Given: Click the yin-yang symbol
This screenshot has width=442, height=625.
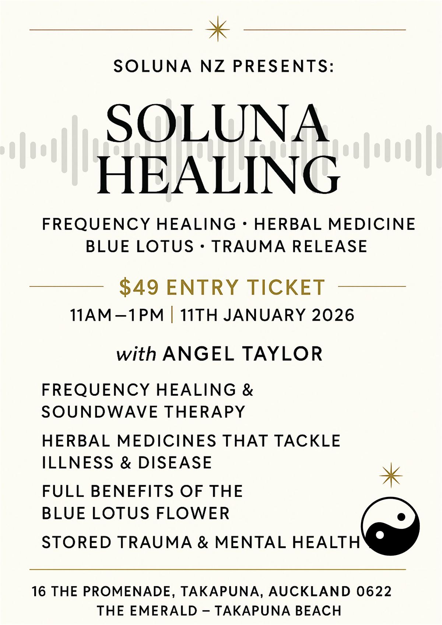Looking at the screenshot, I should coord(390,525).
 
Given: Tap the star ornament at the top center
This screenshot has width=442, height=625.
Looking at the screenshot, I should coord(218,29).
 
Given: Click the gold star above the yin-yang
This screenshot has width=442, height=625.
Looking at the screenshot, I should coord(391,476).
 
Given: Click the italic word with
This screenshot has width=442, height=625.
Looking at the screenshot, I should coord(136,354).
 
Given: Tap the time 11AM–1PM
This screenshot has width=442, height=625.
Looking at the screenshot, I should coord(117,315).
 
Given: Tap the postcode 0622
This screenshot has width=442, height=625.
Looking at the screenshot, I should coord(374,591).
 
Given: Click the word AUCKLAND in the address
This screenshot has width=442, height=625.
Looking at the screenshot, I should coord(309,591).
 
